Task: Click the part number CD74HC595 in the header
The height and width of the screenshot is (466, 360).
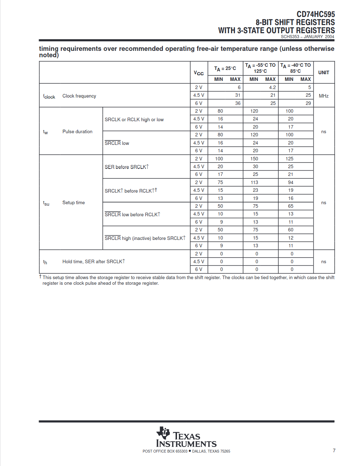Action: point(315,14)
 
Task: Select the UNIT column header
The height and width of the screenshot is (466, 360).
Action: point(324,72)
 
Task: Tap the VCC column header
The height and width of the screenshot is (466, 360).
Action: point(199,73)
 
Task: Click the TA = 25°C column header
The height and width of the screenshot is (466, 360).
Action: point(225,68)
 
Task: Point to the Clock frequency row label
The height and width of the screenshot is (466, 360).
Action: point(79,96)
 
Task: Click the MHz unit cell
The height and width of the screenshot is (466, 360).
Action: point(324,96)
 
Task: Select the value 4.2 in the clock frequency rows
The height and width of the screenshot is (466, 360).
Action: point(272,87)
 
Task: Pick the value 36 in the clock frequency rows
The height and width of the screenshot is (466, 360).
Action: point(238,103)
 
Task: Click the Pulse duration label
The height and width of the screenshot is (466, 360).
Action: point(77,131)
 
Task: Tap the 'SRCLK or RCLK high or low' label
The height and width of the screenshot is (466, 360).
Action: point(134,119)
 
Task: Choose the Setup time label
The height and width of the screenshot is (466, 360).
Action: point(73,202)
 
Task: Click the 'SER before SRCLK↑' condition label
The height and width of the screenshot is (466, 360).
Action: point(126,167)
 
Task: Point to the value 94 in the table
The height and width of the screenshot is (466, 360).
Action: point(290,182)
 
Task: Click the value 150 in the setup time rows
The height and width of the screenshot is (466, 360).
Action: point(254,159)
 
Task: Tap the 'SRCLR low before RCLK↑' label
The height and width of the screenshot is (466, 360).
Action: point(132,214)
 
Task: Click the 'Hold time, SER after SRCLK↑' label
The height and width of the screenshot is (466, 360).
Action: point(94,261)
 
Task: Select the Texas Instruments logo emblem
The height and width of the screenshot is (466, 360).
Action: point(163,433)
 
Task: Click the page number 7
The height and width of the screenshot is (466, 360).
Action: point(334,450)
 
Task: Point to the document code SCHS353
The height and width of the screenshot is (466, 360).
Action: point(290,37)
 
